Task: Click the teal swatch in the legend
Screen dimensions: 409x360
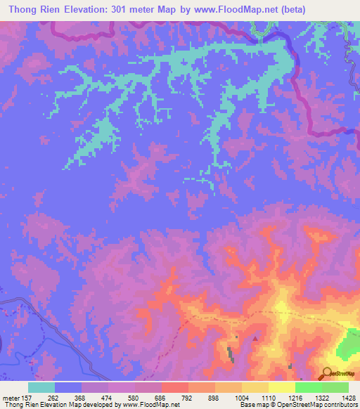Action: pyautogui.click(x=41, y=387)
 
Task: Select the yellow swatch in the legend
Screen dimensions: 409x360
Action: pyautogui.click(x=282, y=387)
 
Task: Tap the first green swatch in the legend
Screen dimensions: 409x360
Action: pyautogui.click(x=309, y=387)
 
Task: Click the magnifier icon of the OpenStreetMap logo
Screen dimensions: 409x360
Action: pyautogui.click(x=327, y=373)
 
